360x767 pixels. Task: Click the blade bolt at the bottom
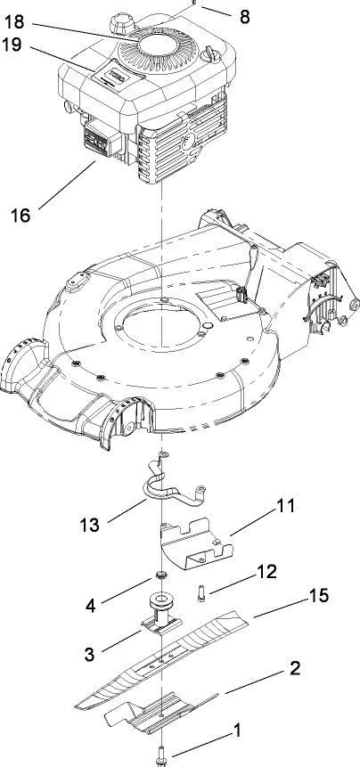(x=161, y=753)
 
